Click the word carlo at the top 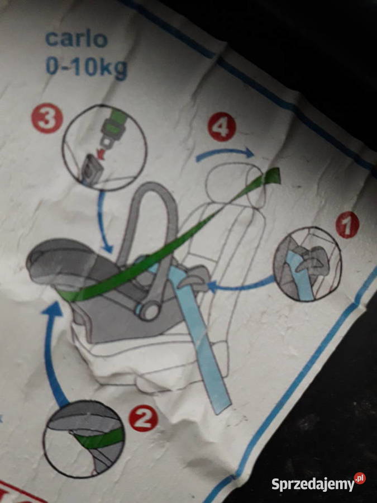coord(77,39)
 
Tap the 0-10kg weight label coord(87,68)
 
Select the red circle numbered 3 coord(47,118)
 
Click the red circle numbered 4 coord(222,127)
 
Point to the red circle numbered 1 coord(347,225)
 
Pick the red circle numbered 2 coord(144,418)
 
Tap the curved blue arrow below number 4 coord(225,153)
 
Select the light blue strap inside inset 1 coord(300,277)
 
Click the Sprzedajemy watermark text coord(313,484)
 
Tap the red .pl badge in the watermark coord(360,478)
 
